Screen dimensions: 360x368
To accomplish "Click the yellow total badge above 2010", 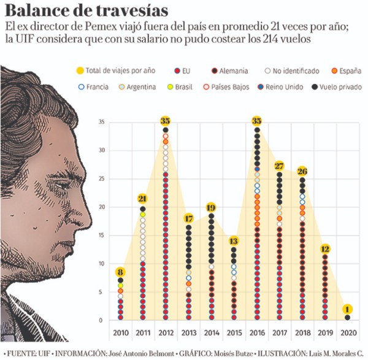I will [120, 273].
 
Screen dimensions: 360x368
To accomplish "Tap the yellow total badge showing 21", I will [142, 199].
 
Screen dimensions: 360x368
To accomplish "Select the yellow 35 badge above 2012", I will [166, 121].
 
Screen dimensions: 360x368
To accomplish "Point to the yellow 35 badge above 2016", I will [257, 121].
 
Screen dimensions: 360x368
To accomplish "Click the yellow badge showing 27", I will [280, 166].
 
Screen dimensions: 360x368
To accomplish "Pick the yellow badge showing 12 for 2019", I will [326, 249].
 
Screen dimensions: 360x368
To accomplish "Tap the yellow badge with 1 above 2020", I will [348, 309].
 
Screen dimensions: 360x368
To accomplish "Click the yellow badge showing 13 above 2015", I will [234, 241].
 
